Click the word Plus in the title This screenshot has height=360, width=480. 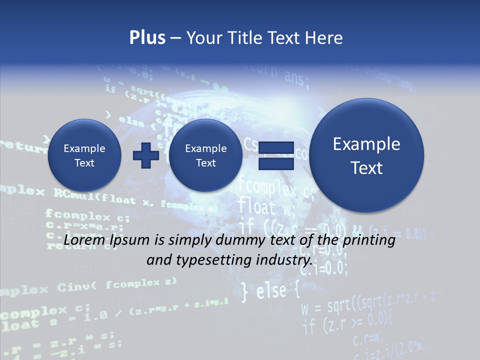tap(147, 38)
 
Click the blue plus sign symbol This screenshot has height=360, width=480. tap(145, 155)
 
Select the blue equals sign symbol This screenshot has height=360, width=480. tap(275, 155)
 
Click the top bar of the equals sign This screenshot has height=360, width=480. tap(275, 147)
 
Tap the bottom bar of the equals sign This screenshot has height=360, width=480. tap(275, 164)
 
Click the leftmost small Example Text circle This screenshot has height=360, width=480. tap(84, 155)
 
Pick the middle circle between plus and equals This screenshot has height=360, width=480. tap(205, 155)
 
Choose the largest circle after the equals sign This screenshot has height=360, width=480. tap(366, 155)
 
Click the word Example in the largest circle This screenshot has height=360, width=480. tap(366, 144)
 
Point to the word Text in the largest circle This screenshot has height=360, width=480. tap(366, 168)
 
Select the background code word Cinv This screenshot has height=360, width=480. tap(73, 287)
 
